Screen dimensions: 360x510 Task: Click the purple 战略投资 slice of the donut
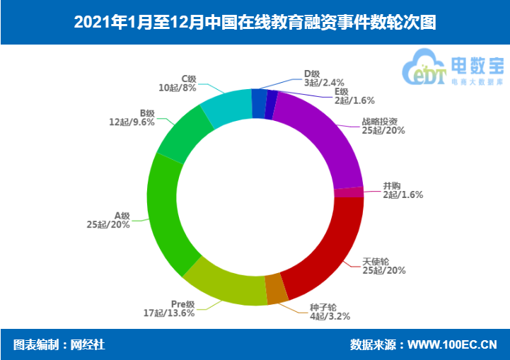[322, 134]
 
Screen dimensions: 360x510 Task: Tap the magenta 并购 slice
[349, 192]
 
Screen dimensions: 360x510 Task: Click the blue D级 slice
[259, 103]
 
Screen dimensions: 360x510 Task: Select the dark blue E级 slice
[271, 105]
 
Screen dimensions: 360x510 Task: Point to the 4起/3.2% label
[330, 316]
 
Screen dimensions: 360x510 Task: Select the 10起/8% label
[177, 88]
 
